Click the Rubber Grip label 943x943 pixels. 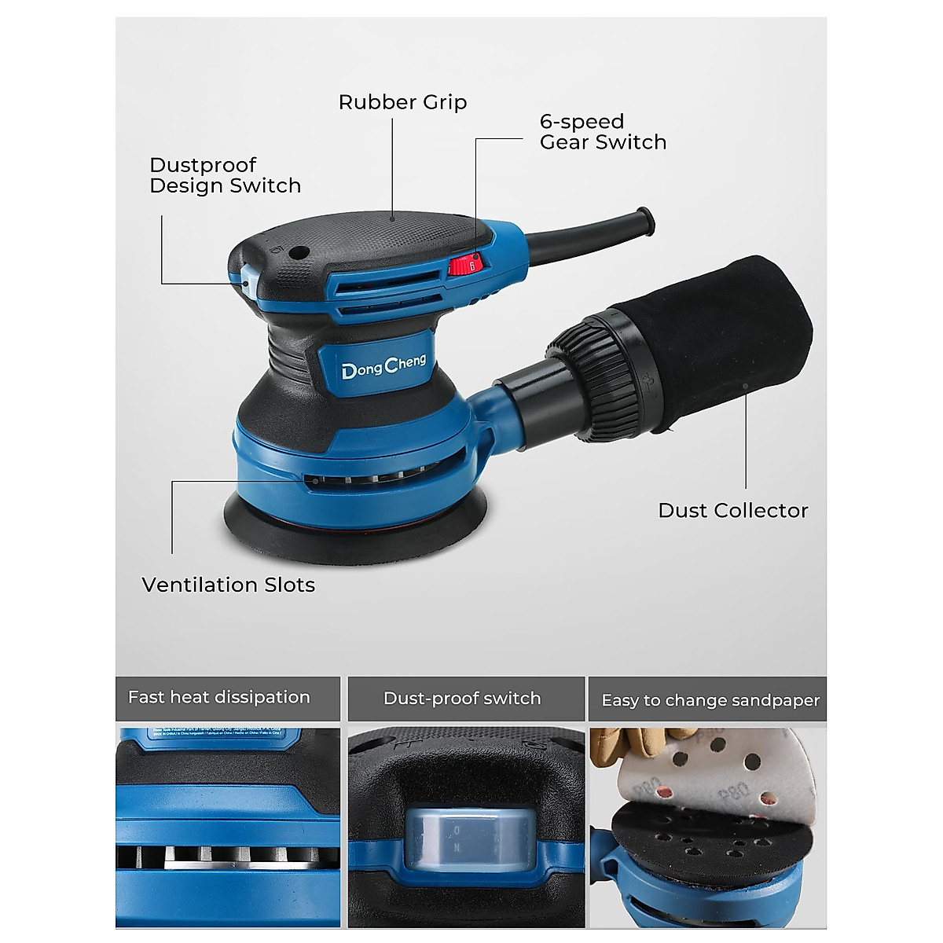[402, 102]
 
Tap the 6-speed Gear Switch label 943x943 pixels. [603, 132]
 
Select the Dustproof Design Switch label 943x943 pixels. [225, 175]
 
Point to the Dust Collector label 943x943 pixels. [732, 511]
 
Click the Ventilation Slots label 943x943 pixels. [228, 585]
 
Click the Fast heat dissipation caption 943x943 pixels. [219, 698]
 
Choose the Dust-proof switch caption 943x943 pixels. [462, 699]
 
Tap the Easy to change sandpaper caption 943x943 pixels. [710, 700]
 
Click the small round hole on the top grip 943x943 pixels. [298, 254]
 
